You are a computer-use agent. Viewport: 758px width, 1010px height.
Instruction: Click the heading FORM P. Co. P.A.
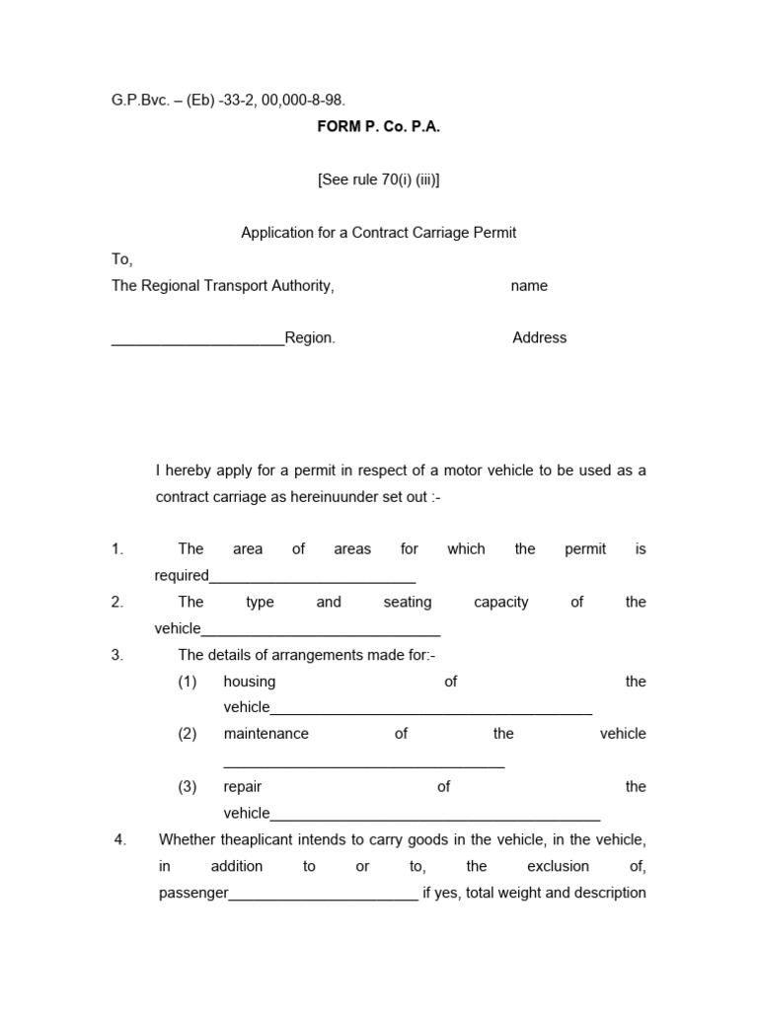coord(378,128)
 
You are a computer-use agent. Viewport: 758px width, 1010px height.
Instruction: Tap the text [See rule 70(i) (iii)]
coord(378,180)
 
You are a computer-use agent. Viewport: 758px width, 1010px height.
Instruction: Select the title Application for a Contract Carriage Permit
coord(379,233)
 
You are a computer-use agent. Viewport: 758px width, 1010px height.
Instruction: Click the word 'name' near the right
coord(529,286)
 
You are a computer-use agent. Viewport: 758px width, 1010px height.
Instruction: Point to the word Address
coord(540,337)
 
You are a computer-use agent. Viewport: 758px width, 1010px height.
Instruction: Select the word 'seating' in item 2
coord(408,602)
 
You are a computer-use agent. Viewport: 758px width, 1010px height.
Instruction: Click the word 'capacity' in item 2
coord(501,602)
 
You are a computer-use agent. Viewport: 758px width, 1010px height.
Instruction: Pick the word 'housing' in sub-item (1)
coord(250,682)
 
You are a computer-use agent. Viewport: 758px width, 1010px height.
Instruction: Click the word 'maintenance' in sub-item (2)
coord(266,734)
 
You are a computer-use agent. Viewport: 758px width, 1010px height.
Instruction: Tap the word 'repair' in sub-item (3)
coord(243,787)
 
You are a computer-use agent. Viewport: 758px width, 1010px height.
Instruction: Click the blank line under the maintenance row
coord(364,764)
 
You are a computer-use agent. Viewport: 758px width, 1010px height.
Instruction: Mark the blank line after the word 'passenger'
coord(324,897)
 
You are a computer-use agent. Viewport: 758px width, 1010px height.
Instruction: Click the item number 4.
coord(120,840)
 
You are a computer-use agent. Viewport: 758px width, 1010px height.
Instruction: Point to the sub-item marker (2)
coord(188,734)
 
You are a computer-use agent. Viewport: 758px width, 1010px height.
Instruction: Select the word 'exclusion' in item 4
coord(559,866)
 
